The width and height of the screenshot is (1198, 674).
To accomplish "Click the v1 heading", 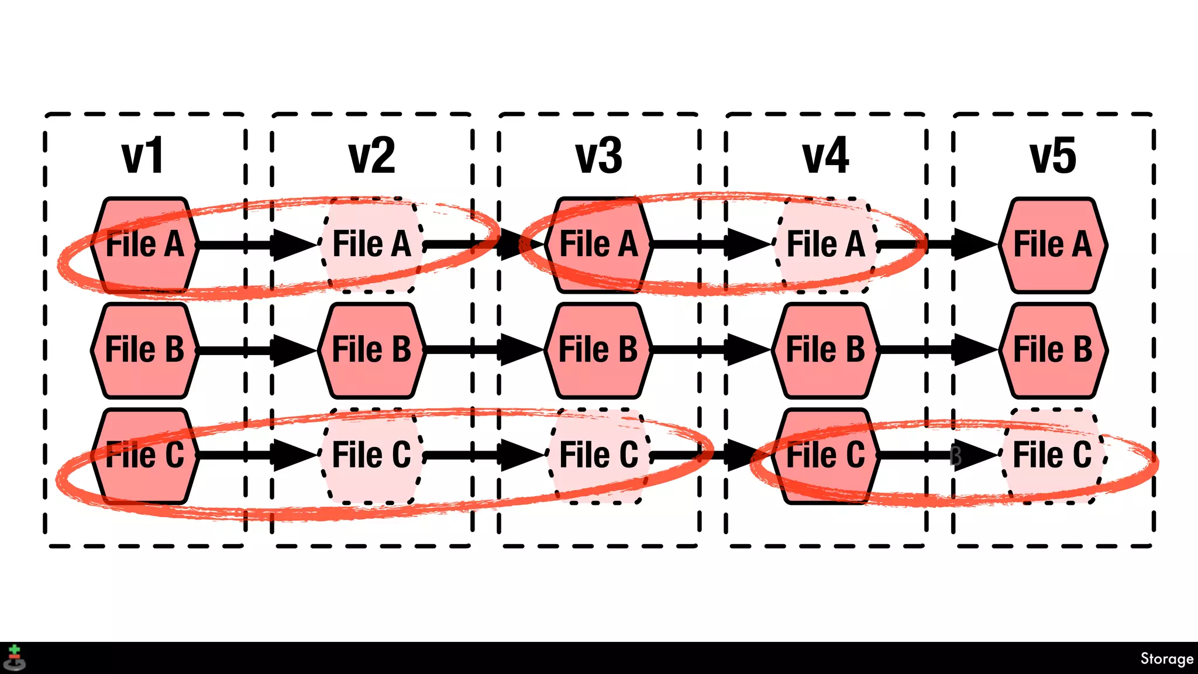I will click(143, 156).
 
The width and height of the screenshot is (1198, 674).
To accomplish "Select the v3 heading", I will click(598, 156).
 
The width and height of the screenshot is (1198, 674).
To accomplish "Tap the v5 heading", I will click(1052, 156).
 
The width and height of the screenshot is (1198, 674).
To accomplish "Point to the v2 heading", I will click(371, 156).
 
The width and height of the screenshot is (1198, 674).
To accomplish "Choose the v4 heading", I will click(825, 156).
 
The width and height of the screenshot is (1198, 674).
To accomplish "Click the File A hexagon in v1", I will click(144, 245).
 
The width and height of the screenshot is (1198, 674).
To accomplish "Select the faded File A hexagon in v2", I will click(371, 245).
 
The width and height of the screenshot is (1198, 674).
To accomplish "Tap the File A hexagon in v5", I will click(1052, 245).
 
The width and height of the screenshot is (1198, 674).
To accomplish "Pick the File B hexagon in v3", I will click(598, 350).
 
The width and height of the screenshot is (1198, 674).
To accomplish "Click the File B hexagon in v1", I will click(144, 350).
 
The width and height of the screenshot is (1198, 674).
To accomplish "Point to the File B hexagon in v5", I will click(1052, 350).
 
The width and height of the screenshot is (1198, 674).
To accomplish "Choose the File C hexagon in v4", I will click(825, 455).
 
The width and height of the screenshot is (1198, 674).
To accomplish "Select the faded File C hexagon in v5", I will click(1052, 455).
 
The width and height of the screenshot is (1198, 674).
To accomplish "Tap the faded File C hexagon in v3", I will click(598, 455).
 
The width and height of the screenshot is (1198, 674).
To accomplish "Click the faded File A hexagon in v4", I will click(825, 245).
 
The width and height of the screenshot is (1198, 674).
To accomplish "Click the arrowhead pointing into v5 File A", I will click(975, 245).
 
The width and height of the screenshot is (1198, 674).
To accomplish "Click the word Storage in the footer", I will click(1166, 659).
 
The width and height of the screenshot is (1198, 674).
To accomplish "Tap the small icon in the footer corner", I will click(14, 658).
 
